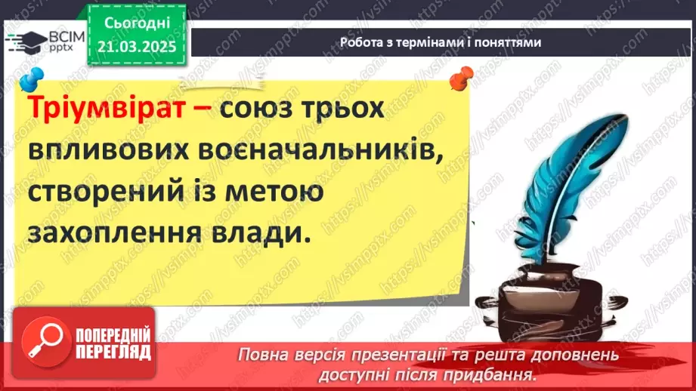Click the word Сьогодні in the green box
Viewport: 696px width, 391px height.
[136, 25]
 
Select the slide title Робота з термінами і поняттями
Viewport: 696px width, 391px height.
[441, 43]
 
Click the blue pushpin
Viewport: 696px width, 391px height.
[32, 78]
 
